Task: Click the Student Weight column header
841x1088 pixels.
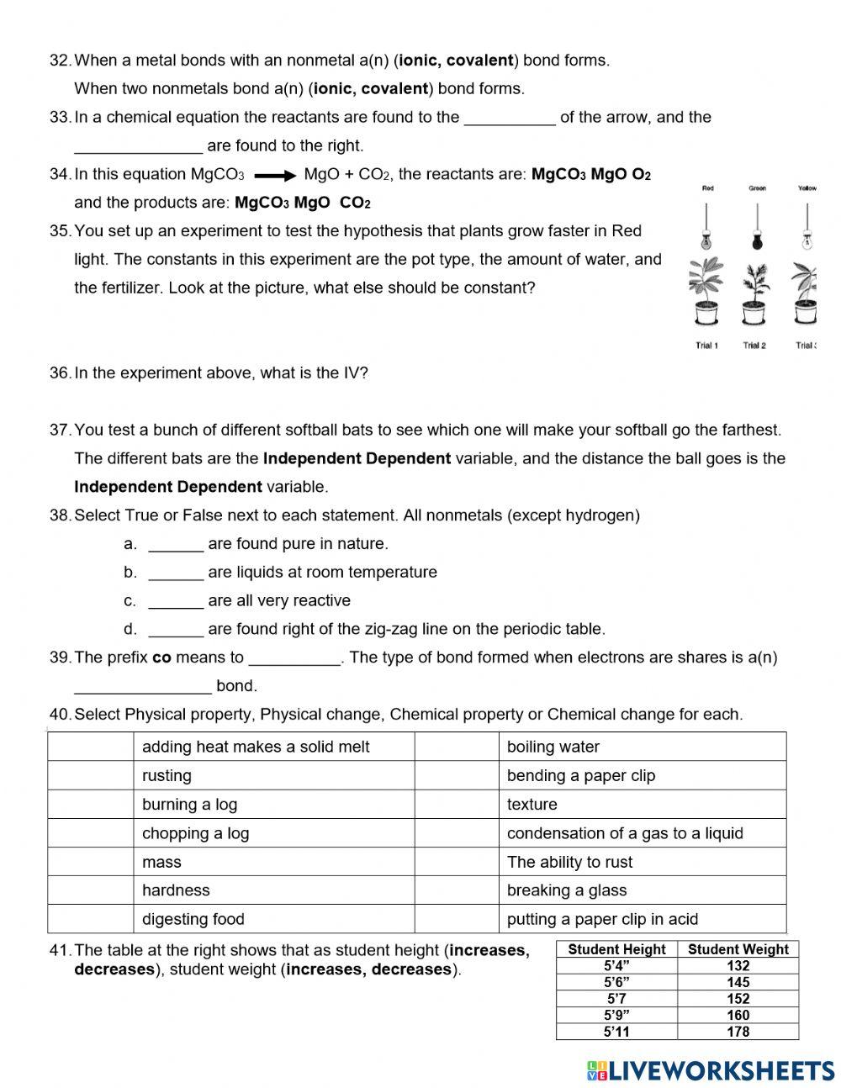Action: pyautogui.click(x=738, y=949)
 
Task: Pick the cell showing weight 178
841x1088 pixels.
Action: pyautogui.click(x=738, y=1032)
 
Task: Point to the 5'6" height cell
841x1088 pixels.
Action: pyautogui.click(x=616, y=982)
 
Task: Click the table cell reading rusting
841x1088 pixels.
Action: pyautogui.click(x=273, y=775)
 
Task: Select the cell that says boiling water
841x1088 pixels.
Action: pyautogui.click(x=642, y=747)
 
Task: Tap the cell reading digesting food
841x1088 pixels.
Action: pyautogui.click(x=273, y=919)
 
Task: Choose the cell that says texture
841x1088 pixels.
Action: pyautogui.click(x=642, y=804)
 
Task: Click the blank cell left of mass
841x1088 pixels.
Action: pyautogui.click(x=90, y=862)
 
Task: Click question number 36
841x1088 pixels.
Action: pyautogui.click(x=60, y=373)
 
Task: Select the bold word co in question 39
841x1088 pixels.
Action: pyautogui.click(x=161, y=658)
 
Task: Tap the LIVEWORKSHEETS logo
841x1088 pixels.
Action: pyautogui.click(x=711, y=1070)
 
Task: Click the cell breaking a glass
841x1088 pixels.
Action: pyautogui.click(x=642, y=890)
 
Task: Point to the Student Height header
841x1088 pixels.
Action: pyautogui.click(x=616, y=949)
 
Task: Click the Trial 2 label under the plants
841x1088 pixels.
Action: pyautogui.click(x=754, y=346)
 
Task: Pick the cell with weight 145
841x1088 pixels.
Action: pyautogui.click(x=738, y=982)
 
